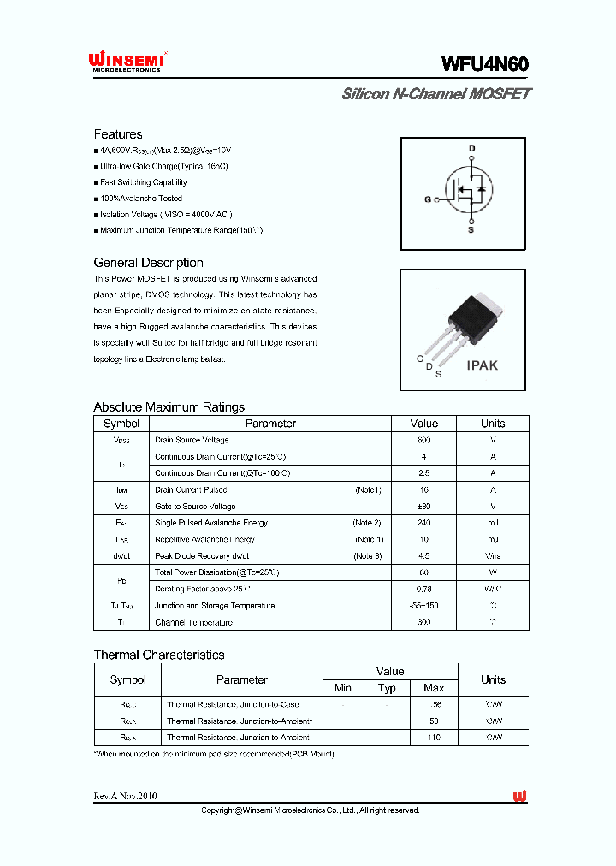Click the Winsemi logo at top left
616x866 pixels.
(127, 62)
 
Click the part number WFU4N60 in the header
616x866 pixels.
(485, 65)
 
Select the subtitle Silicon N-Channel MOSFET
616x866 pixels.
(435, 94)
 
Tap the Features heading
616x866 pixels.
(118, 134)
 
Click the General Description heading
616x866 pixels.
(148, 263)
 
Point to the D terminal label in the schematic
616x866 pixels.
(471, 149)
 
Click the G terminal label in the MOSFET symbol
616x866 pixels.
(428, 199)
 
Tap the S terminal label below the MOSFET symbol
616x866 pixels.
(471, 229)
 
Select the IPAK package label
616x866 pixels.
(482, 365)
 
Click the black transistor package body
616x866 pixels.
(473, 314)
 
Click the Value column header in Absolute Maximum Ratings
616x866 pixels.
(423, 424)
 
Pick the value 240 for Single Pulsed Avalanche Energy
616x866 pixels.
(423, 523)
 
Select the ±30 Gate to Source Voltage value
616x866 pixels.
(423, 507)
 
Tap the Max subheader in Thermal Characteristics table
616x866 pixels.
(434, 688)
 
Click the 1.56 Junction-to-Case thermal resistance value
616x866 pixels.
(434, 704)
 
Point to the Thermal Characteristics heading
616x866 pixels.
(158, 655)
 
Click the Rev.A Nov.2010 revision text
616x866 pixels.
(125, 797)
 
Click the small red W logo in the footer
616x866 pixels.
(519, 797)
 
